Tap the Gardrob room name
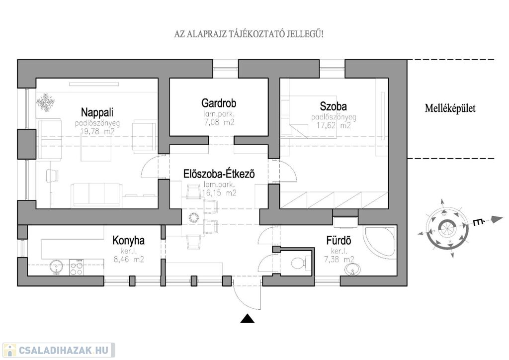[219, 103]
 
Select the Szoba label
[334, 106]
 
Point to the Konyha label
[128, 241]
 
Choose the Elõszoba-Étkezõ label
[218, 175]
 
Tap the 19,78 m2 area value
[98, 131]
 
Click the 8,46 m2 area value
[128, 259]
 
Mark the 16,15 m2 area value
[219, 193]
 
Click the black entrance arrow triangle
[248, 319]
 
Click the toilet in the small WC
[299, 262]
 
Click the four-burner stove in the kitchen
[77, 268]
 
